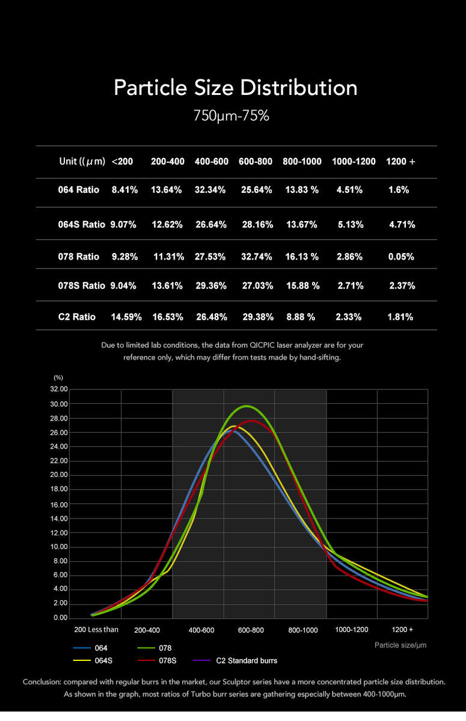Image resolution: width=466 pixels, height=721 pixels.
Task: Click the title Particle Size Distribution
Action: (235, 88)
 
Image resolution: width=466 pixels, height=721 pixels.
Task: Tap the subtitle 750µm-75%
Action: (231, 116)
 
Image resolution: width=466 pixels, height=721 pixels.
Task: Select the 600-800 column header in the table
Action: (256, 162)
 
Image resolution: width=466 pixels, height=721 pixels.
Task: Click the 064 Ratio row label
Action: (78, 190)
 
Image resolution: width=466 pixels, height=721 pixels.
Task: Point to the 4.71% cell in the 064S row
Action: (402, 225)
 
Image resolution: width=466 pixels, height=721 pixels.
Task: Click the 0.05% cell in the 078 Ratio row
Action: (401, 257)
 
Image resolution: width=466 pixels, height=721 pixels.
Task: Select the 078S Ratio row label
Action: (82, 286)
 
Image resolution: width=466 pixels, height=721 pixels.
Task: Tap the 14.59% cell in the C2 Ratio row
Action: (126, 317)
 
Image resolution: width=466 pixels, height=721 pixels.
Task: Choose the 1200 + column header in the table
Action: (400, 162)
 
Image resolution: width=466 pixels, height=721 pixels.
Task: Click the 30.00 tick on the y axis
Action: (59, 404)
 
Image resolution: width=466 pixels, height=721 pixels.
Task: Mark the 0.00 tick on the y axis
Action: (61, 618)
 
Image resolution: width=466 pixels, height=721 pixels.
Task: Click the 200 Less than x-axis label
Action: (96, 630)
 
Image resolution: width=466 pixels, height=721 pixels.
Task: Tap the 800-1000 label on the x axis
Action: (303, 630)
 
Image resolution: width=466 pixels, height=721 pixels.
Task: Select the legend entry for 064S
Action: (103, 661)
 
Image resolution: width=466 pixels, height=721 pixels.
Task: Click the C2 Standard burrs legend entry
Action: (247, 661)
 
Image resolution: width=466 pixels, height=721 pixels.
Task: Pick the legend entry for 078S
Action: (167, 661)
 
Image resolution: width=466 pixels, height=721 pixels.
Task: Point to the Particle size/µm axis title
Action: (400, 645)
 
